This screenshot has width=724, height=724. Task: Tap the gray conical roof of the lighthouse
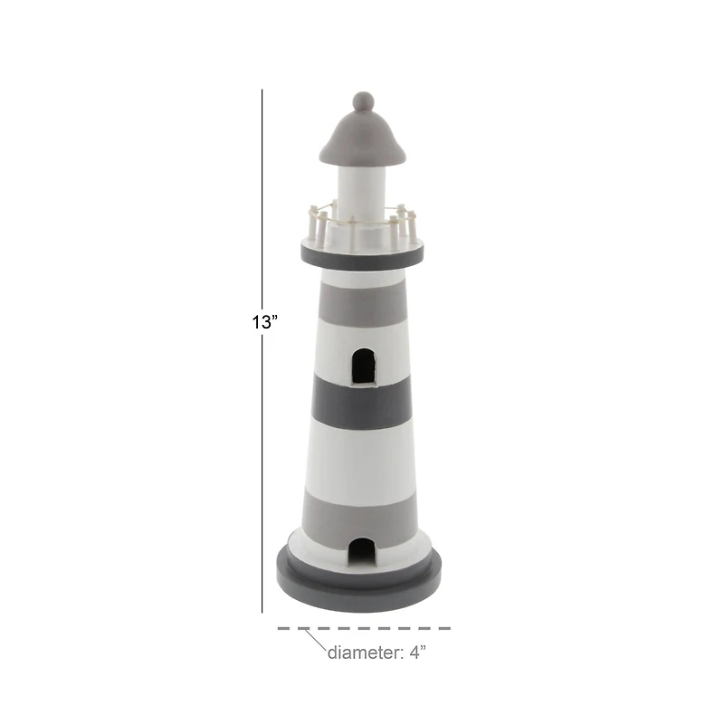pos(362,136)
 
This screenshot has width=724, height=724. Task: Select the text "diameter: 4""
pos(376,653)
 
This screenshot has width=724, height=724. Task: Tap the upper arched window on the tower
pos(362,366)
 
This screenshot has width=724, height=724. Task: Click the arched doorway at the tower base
pos(362,552)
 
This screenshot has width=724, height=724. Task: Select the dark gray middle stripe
pos(362,401)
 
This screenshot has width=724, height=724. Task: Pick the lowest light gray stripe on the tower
pos(362,514)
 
